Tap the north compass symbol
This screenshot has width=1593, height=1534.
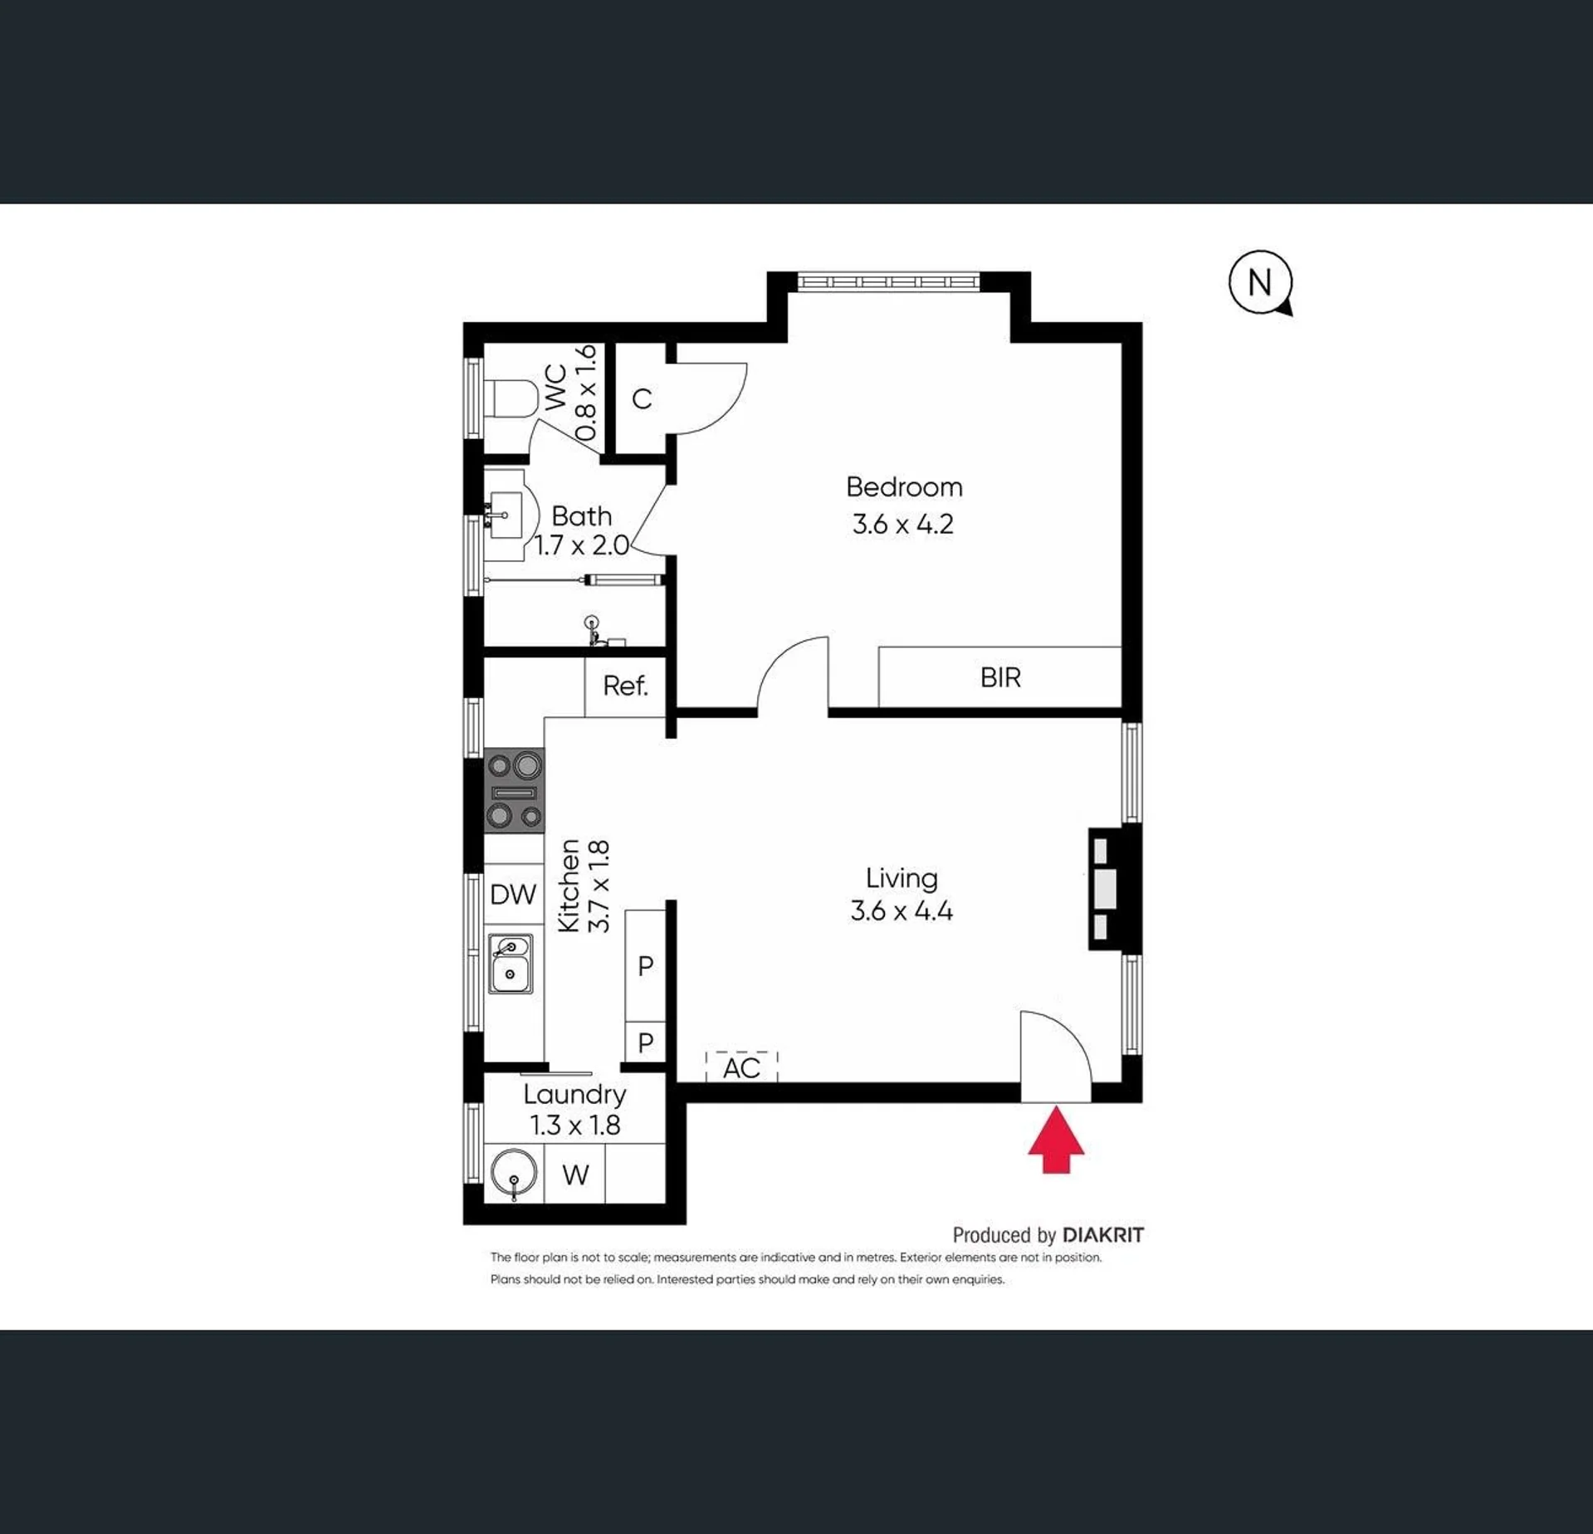[1260, 283]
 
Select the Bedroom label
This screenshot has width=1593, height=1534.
[904, 486]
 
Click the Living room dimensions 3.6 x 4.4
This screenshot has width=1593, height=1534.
[902, 911]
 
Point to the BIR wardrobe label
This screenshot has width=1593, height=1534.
[1000, 677]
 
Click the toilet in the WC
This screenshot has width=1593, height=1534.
[511, 400]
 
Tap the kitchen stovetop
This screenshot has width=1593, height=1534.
[515, 791]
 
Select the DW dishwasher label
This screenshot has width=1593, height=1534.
[513, 894]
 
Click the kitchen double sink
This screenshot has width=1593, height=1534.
[511, 964]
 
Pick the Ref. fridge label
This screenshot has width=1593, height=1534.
[625, 686]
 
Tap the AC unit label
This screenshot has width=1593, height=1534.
[741, 1068]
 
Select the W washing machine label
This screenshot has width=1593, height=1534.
[575, 1175]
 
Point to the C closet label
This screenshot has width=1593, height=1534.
[642, 399]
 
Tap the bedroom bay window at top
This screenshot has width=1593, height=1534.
[888, 282]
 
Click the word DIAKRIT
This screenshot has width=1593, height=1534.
[1103, 1235]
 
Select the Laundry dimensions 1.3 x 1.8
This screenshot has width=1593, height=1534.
[575, 1125]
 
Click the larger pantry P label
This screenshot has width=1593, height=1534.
[645, 965]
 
